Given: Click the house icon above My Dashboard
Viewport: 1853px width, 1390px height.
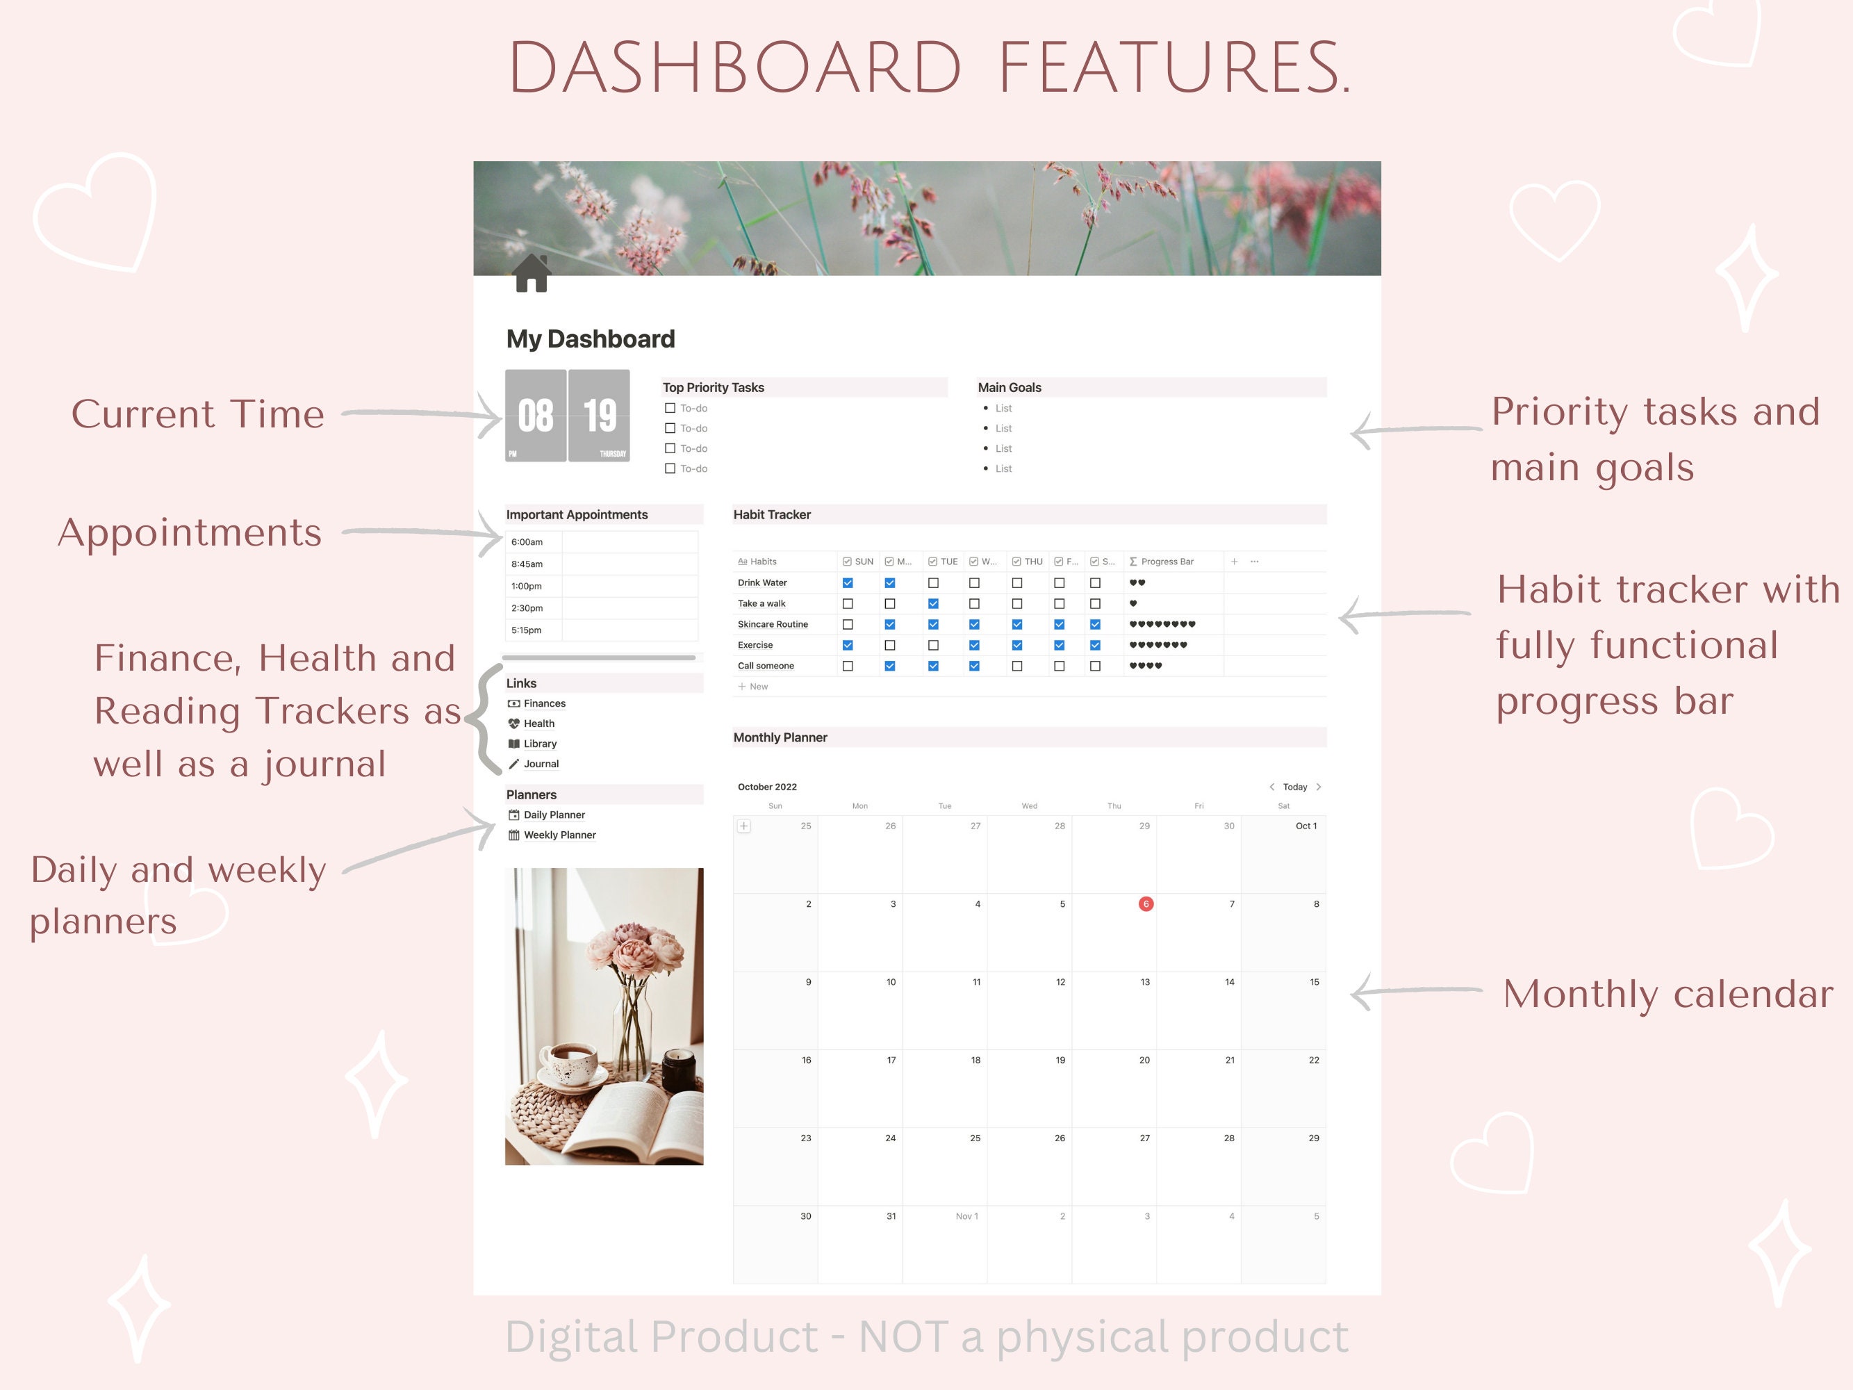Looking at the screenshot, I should tap(531, 274).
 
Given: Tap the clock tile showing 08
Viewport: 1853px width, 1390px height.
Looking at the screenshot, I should tap(535, 416).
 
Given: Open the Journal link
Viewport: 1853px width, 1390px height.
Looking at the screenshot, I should tap(541, 764).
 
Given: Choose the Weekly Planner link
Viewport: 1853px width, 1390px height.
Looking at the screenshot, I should tap(559, 835).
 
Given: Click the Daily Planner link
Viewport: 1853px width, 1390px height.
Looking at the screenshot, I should tap(554, 815).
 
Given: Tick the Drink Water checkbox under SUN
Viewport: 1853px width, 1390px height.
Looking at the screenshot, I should tap(848, 583).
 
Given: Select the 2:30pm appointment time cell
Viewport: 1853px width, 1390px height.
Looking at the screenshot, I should tap(527, 608).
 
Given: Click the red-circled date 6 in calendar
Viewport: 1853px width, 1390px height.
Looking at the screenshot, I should tap(1145, 904).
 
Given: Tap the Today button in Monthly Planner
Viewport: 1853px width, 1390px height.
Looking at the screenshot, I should tap(1294, 787).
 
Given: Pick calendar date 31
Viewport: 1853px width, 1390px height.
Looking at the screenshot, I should tap(891, 1216).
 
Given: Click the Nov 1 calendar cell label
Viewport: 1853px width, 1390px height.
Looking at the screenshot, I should tap(966, 1216).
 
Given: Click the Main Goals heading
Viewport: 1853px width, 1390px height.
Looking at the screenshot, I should tap(1010, 388).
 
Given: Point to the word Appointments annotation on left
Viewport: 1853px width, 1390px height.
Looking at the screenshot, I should tap(189, 533).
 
